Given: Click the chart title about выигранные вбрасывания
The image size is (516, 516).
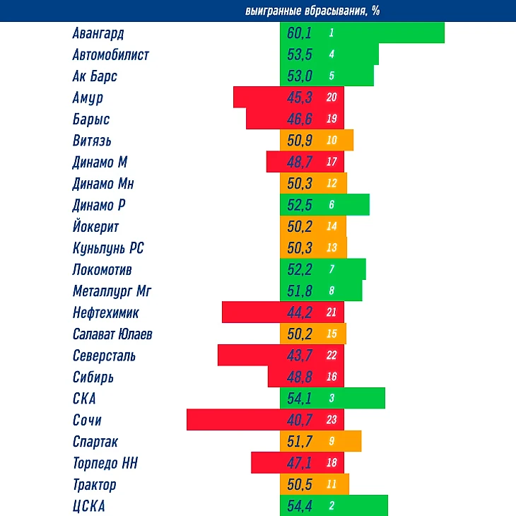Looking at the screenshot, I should tap(312, 11).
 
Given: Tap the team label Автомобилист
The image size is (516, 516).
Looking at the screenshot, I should tap(110, 54).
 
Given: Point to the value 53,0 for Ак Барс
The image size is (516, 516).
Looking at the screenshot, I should tap(300, 76).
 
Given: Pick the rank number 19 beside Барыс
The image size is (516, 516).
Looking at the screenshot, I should tap(332, 119).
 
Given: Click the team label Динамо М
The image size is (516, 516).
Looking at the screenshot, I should tap(100, 162).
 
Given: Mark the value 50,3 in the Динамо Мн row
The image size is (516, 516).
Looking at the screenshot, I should tap(300, 184).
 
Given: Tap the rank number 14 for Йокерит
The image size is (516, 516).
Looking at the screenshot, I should tap(332, 227).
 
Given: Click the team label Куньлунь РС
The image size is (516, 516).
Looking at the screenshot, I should tap(108, 248).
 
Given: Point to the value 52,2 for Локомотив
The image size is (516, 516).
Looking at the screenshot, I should tap(300, 269).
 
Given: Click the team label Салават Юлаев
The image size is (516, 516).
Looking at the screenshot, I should tap(112, 334).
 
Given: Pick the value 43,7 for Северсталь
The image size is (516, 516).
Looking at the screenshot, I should tap(300, 356).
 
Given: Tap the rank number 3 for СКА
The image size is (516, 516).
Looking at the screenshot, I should tap(332, 399).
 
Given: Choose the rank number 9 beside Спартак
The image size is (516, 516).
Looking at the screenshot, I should tap(332, 442).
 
